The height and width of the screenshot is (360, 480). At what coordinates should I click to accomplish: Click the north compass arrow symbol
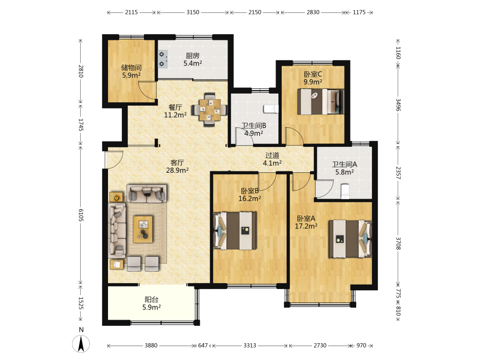click(x=81, y=344)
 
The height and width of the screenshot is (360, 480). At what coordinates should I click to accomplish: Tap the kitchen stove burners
click(x=163, y=59)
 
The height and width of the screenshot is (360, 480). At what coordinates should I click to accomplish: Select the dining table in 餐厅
click(x=210, y=109)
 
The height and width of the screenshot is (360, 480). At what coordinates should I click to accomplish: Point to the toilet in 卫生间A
click(x=345, y=191)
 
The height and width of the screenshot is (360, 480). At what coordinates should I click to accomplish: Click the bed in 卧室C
click(x=321, y=102)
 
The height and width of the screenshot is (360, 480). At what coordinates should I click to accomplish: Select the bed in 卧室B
click(x=235, y=230)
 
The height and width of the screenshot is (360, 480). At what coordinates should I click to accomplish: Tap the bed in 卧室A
click(x=350, y=239)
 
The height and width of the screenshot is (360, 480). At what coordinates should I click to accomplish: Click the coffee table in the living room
click(x=143, y=229)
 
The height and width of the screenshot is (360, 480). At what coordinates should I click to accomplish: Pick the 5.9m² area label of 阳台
click(x=152, y=307)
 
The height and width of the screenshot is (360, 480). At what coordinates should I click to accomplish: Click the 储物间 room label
click(x=132, y=67)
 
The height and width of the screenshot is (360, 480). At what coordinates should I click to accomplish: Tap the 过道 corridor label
click(x=272, y=155)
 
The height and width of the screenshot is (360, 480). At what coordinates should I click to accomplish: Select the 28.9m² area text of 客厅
click(x=177, y=170)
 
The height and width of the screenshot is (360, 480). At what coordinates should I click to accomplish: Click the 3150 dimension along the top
click(x=193, y=12)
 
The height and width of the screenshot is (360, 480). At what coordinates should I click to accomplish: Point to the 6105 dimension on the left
click(x=81, y=215)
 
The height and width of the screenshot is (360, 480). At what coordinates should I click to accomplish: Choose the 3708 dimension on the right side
click(x=398, y=243)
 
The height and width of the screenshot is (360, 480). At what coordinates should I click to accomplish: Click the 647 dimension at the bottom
click(x=203, y=345)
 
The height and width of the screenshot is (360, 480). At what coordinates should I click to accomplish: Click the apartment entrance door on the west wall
click(x=114, y=160)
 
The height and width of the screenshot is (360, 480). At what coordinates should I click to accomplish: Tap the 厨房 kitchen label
click(x=192, y=56)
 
